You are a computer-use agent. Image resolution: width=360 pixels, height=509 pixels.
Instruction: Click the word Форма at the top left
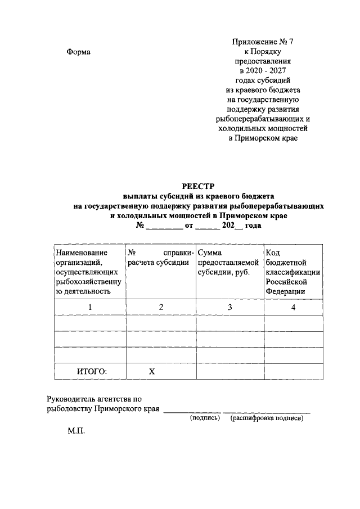click(79, 52)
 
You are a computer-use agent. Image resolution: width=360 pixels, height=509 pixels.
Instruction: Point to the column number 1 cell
click(89, 307)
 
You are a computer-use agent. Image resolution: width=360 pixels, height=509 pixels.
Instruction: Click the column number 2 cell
click(161, 307)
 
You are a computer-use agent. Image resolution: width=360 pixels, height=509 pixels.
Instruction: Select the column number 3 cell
click(229, 307)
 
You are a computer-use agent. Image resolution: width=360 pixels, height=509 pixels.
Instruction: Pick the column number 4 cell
click(293, 307)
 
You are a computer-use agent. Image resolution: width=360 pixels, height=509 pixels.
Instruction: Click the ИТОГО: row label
click(92, 371)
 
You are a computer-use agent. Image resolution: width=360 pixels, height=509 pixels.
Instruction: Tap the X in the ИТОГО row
click(151, 371)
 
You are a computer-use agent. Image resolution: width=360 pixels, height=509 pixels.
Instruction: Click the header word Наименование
click(82, 253)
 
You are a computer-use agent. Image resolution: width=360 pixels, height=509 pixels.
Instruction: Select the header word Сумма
click(210, 253)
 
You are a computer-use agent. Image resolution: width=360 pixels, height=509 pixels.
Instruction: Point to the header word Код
click(273, 253)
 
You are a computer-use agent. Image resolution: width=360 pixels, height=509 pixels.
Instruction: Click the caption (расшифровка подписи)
click(267, 418)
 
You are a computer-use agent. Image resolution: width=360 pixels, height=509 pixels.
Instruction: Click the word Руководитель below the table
click(73, 399)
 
